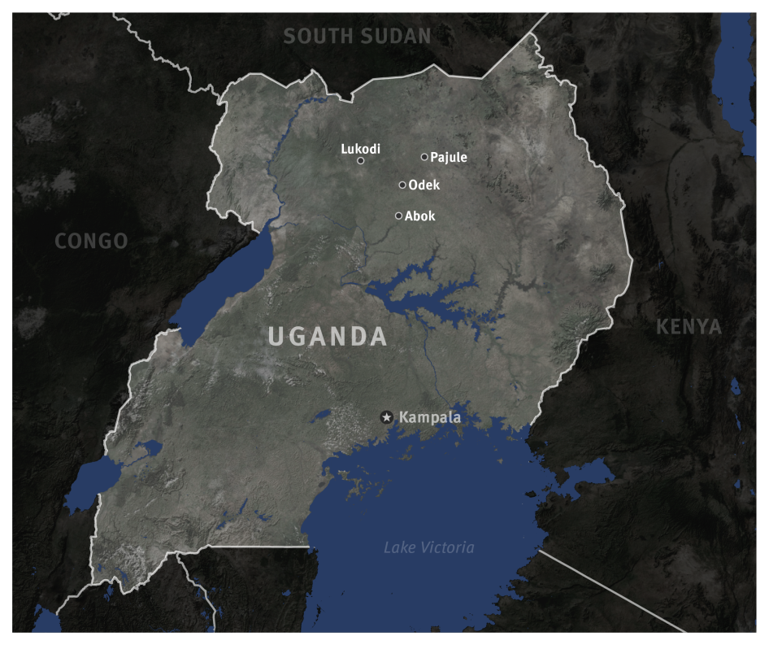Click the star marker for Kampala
click(x=387, y=417)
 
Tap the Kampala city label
click(x=430, y=417)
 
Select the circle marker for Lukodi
click(x=361, y=161)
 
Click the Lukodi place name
click(x=360, y=149)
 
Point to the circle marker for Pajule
click(x=424, y=157)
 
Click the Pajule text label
click(x=449, y=158)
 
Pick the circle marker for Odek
click(x=402, y=185)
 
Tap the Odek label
click(x=424, y=185)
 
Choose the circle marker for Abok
click(x=398, y=216)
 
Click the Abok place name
click(x=420, y=216)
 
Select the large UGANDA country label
click(x=328, y=336)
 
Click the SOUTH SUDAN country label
click(x=357, y=36)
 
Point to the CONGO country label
click(x=91, y=241)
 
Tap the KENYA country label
click(x=689, y=327)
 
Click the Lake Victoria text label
click(x=428, y=547)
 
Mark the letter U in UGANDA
click(x=277, y=336)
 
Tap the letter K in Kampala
click(x=404, y=417)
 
